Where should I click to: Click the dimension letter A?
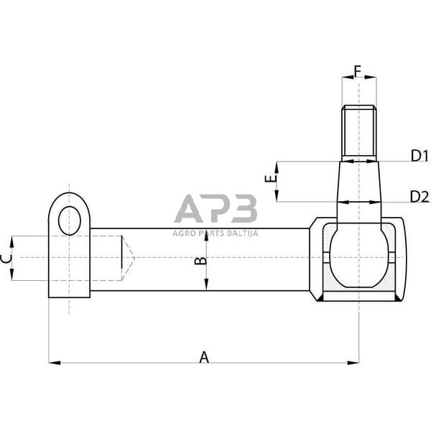pyautogui.click(x=203, y=357)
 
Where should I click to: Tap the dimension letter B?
pyautogui.click(x=202, y=261)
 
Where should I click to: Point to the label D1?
pyautogui.click(x=419, y=156)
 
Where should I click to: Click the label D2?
pyautogui.click(x=420, y=196)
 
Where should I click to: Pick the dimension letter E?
pyautogui.click(x=269, y=180)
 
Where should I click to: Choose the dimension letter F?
pyautogui.click(x=357, y=71)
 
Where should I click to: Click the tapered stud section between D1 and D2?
pyautogui.click(x=358, y=181)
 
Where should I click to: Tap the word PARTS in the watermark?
pyautogui.click(x=210, y=233)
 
